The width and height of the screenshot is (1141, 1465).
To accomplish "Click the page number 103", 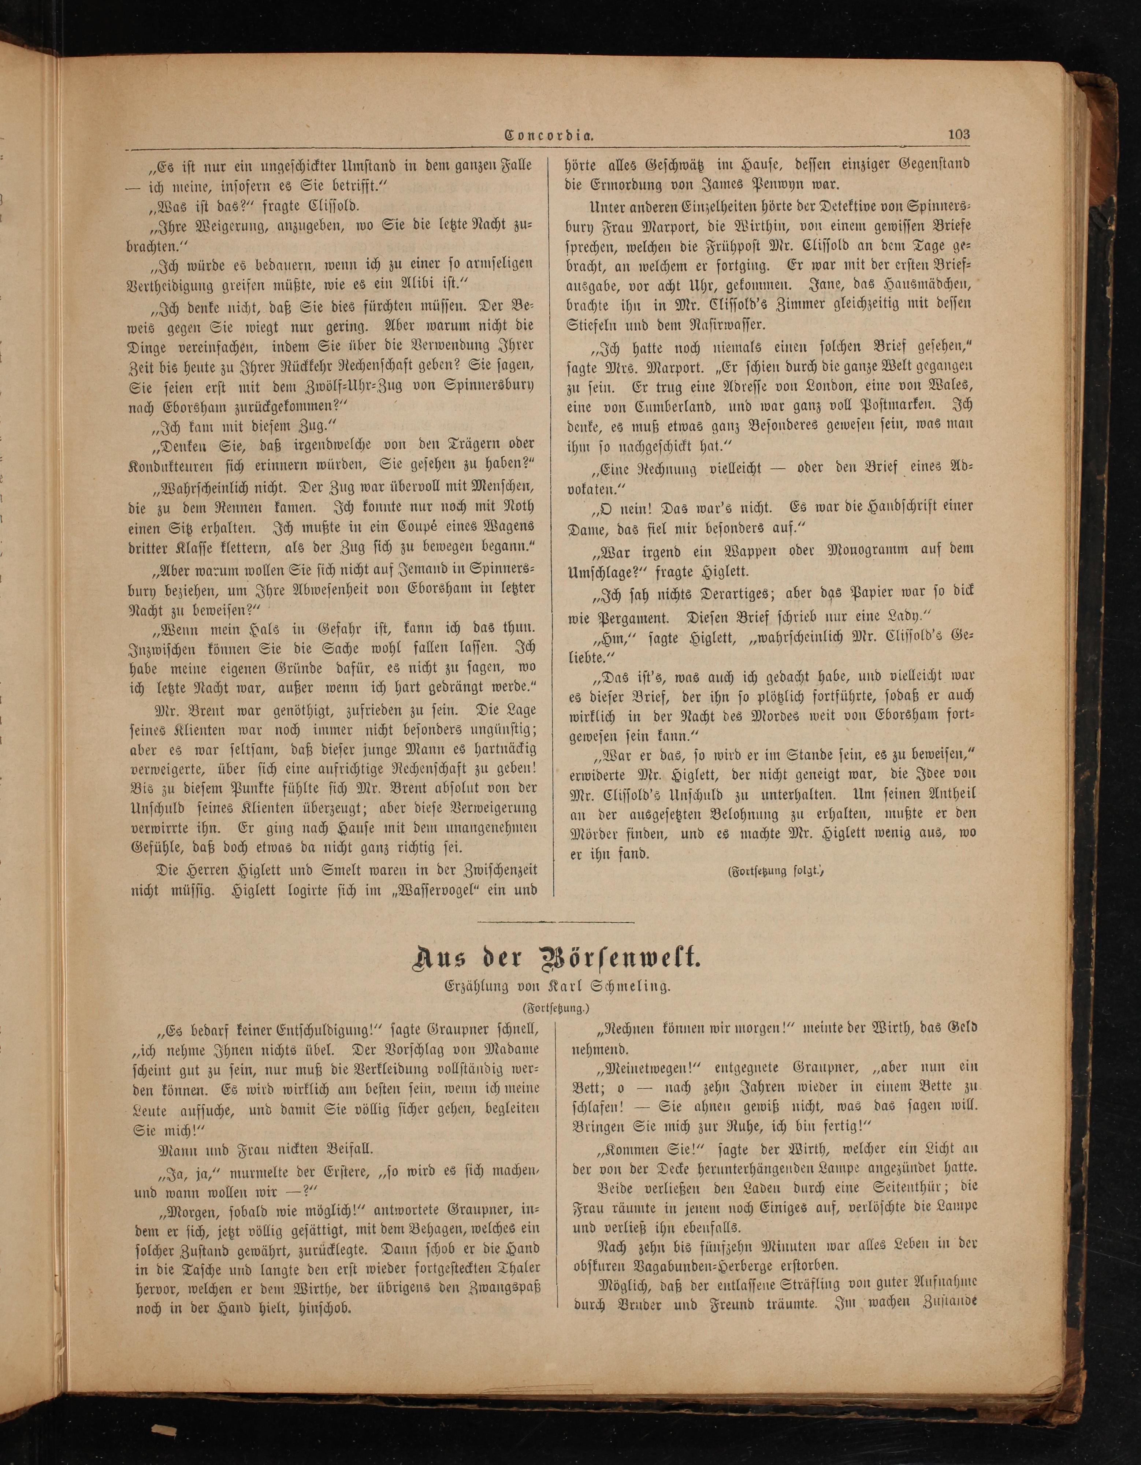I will [x=959, y=134].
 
